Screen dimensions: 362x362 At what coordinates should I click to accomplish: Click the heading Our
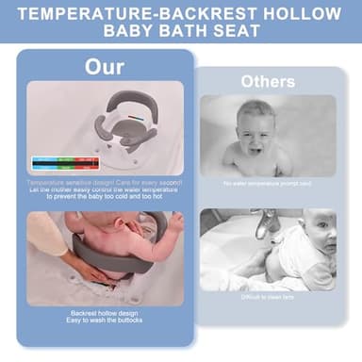click(104, 67)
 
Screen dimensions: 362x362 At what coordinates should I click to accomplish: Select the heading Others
click(267, 81)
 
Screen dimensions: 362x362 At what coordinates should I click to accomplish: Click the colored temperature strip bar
click(64, 162)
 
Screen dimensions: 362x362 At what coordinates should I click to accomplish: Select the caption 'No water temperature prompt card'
click(267, 184)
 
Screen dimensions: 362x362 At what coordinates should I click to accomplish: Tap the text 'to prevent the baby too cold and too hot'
click(104, 195)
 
